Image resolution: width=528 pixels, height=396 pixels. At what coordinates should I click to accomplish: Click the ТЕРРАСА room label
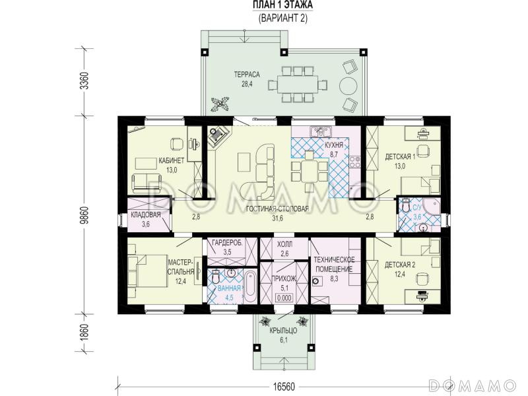click(247, 75)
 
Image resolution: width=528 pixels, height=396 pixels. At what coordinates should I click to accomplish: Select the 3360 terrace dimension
click(84, 81)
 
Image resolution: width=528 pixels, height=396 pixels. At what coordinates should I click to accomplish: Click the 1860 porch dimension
click(84, 333)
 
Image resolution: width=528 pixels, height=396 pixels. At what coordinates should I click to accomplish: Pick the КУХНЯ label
click(334, 145)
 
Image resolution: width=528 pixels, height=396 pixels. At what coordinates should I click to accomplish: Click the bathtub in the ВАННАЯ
click(250, 286)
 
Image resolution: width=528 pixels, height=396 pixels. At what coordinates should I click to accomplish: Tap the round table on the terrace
click(348, 86)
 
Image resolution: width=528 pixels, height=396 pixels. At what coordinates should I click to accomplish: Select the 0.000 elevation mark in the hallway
click(284, 298)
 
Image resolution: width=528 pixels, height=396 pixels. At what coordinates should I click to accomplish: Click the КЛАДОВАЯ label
click(146, 215)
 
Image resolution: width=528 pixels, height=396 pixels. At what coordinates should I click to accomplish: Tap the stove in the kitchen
click(354, 162)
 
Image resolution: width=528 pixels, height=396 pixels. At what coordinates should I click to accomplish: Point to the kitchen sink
click(320, 131)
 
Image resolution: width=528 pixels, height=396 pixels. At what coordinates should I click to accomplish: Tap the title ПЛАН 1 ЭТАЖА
click(283, 5)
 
